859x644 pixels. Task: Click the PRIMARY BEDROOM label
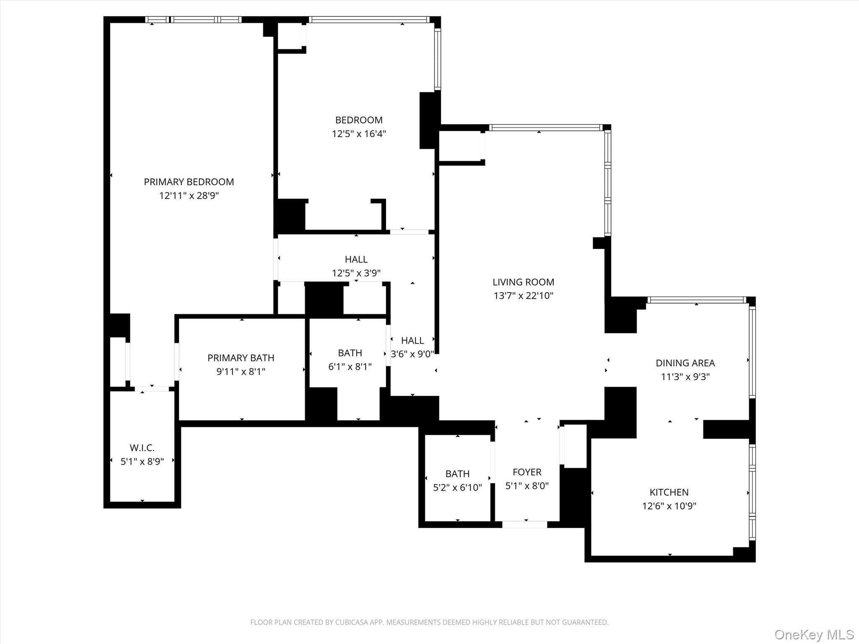pos(189,182)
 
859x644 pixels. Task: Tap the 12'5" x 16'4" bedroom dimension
pos(359,134)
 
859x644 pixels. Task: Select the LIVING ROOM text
pos(523,282)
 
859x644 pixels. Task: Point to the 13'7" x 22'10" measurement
pos(523,296)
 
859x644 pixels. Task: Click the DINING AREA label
pos(685,363)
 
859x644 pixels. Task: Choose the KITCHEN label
pos(669,492)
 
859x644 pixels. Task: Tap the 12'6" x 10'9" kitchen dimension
pos(669,506)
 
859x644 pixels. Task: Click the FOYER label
pos(527,472)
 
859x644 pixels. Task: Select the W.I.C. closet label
pos(142,448)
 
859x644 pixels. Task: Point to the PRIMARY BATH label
pos(241,358)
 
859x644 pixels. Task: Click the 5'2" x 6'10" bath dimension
pos(457,488)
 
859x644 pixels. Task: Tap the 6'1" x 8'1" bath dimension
pos(350,367)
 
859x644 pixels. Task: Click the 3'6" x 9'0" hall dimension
pos(412,354)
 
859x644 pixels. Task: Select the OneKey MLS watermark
pos(814,634)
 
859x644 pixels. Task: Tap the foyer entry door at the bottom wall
pos(524,524)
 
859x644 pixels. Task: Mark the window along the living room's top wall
pos(545,128)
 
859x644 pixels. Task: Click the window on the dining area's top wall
pos(696,300)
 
